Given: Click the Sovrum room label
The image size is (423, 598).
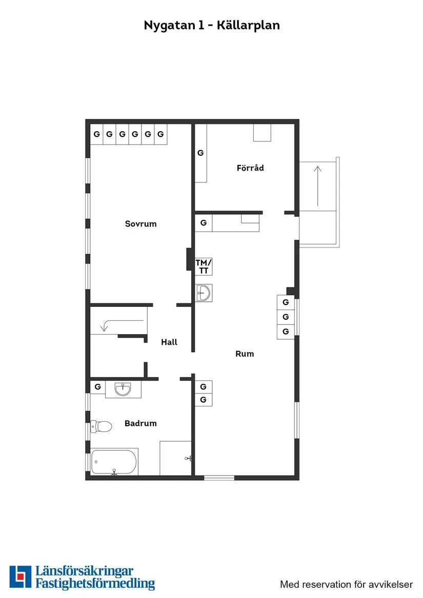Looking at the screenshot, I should click(x=140, y=224).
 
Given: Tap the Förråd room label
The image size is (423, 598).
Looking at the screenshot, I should click(x=250, y=168).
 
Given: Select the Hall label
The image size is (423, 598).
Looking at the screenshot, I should click(x=169, y=342).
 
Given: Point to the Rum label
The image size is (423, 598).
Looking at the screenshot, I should click(x=245, y=354).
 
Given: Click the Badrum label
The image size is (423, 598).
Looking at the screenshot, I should click(x=140, y=423).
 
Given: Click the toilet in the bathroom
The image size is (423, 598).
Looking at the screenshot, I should click(x=101, y=426).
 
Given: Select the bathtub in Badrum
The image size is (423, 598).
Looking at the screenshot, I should click(x=114, y=462).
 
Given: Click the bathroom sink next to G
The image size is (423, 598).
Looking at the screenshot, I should click(x=123, y=389).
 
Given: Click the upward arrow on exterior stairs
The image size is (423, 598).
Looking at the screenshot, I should click(x=318, y=184).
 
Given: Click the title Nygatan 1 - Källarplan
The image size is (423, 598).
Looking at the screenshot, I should click(x=212, y=25).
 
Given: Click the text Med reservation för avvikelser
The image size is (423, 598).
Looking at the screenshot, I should click(x=346, y=584).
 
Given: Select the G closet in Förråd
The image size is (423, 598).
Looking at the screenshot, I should click(x=200, y=153).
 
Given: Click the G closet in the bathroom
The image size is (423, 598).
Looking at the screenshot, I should click(x=97, y=386).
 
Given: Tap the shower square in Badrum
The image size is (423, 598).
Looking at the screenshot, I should click(x=175, y=458).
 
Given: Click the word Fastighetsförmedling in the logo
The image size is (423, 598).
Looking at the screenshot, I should click(x=95, y=584).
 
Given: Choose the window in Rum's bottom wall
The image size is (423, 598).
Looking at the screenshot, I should click(x=219, y=478).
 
